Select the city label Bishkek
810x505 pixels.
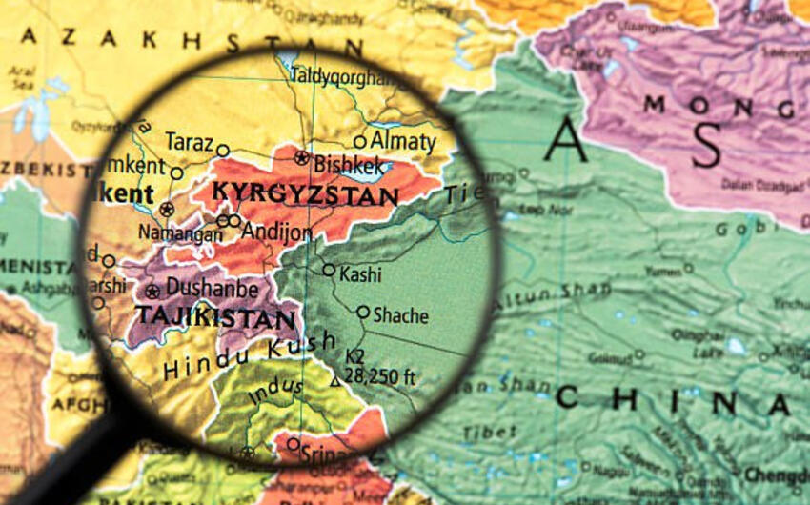click(x=350, y=163)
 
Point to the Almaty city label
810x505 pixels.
click(x=402, y=142)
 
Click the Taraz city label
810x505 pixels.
click(x=189, y=142)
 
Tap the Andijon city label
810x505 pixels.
click(x=275, y=232)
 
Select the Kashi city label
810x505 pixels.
click(x=360, y=274)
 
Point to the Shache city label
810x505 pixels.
click(x=400, y=315)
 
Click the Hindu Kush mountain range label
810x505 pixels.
click(x=250, y=354)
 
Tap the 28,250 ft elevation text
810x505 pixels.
click(x=380, y=376)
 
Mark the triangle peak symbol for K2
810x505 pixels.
click(x=334, y=381)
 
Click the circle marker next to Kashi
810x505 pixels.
click(x=328, y=270)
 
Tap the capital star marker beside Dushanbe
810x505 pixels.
click(x=152, y=292)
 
